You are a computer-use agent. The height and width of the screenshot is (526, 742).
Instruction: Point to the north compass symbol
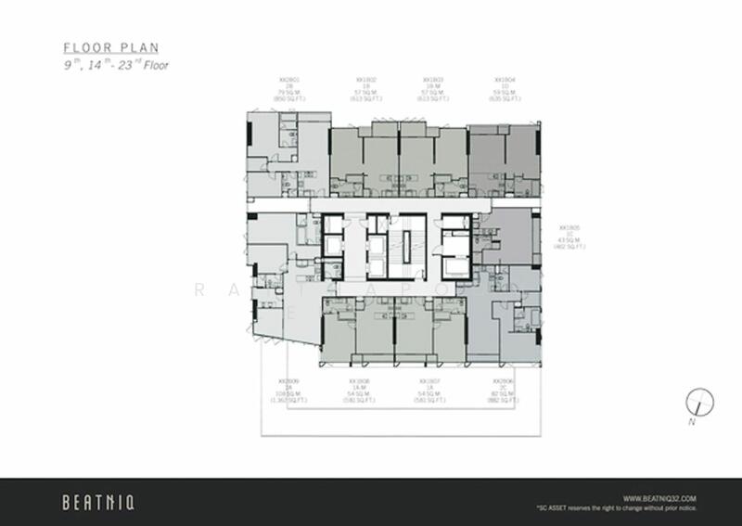point(697,403)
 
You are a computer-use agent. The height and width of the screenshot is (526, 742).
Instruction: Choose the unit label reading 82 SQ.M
point(503,394)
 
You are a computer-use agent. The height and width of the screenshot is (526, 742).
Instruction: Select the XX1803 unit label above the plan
point(430,80)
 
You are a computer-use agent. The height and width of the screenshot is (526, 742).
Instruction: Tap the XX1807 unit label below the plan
point(429,381)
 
